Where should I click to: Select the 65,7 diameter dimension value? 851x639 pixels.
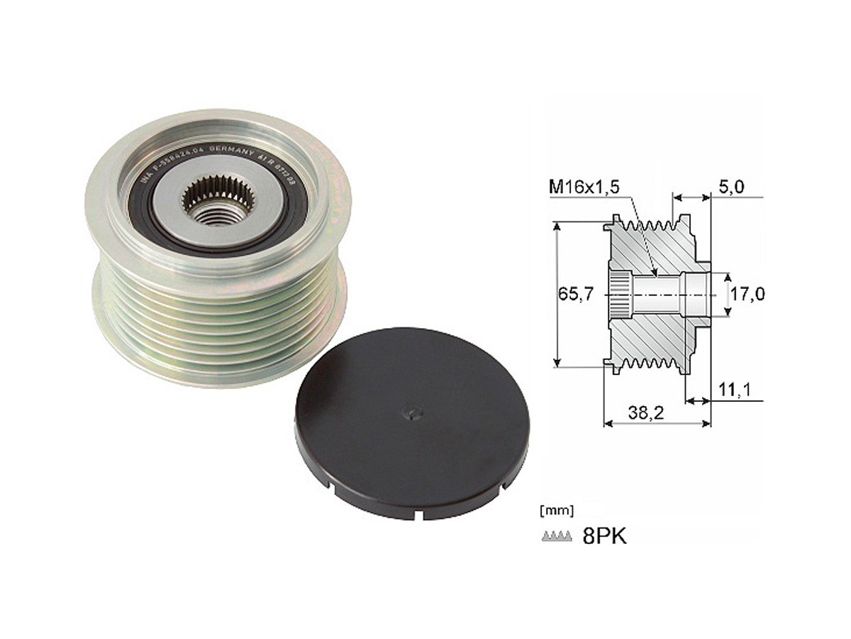click(574, 294)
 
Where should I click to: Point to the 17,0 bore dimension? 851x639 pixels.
click(747, 294)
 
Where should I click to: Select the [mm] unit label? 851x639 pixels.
click(557, 510)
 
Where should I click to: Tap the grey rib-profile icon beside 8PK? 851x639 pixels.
click(556, 537)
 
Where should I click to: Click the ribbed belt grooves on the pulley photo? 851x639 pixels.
click(213, 319)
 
